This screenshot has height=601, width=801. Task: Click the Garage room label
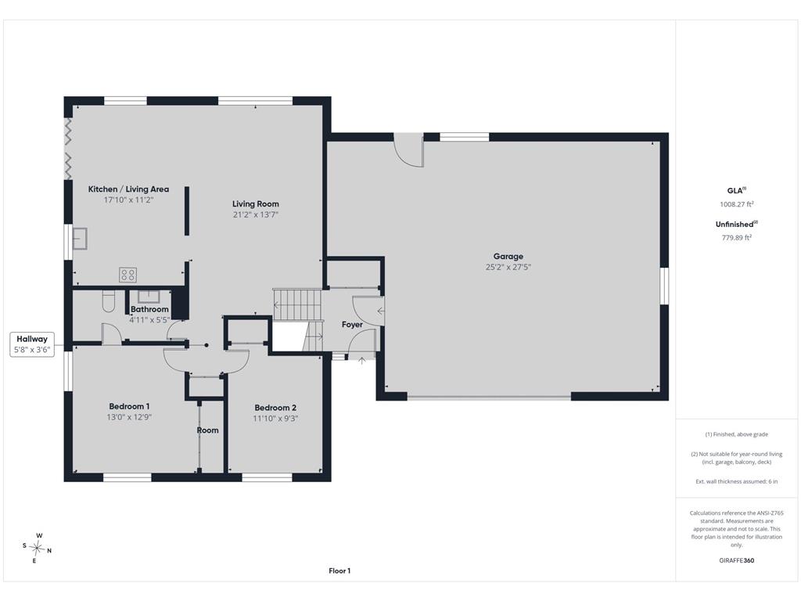508,256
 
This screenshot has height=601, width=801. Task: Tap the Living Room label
256,203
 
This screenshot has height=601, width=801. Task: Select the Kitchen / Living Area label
128,189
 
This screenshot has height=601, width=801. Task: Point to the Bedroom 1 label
129,406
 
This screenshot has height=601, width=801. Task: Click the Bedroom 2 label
275,407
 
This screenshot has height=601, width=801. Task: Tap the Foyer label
352,325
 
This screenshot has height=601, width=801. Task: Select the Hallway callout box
32,344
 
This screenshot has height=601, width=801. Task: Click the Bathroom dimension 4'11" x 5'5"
149,320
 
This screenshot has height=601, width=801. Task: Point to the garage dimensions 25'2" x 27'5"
508,267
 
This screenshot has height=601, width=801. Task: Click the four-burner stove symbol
128,275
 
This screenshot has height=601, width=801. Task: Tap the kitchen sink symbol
80,239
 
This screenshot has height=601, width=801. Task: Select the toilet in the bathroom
109,301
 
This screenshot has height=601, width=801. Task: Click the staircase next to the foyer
297,305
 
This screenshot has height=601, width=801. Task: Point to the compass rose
37,548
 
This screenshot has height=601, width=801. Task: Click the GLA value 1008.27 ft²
737,204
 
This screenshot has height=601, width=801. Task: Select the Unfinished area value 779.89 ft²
737,238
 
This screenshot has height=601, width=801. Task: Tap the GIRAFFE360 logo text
737,560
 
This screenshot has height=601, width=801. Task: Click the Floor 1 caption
339,570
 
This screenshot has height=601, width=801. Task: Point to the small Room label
207,430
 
